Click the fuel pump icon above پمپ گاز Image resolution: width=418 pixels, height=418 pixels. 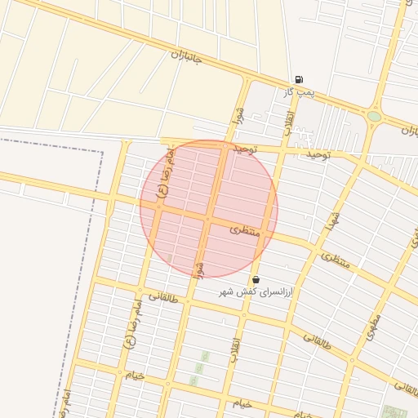(300, 80)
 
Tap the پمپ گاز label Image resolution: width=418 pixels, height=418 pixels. (300, 92)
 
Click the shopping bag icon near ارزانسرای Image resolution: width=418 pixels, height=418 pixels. (256, 279)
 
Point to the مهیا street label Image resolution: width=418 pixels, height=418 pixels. (331, 218)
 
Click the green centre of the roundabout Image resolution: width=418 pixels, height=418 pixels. (374, 117)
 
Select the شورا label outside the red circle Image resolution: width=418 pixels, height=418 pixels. (239, 115)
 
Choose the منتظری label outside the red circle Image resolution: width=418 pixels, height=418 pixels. (336, 261)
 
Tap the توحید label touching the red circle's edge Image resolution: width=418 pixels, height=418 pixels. (244, 149)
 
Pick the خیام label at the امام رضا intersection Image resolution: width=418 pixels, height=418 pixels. (135, 376)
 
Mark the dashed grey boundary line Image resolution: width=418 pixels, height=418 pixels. (101, 245)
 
